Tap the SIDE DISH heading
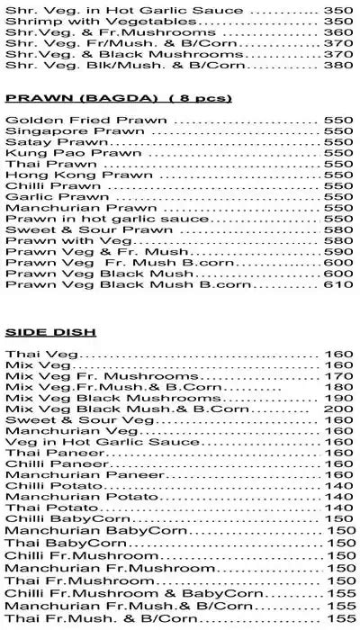[38, 331]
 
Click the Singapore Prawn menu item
[52, 130]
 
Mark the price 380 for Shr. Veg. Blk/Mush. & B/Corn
[339, 65]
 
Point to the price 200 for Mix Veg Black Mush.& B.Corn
[339, 409]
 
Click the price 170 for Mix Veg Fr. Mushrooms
[339, 376]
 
